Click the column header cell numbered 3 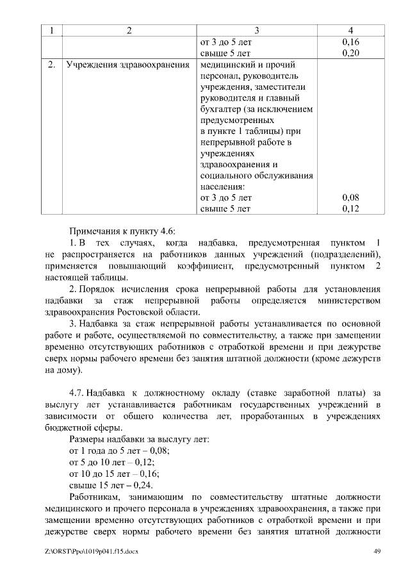pos(256,31)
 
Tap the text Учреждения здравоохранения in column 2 pos(127,65)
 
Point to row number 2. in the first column pos(51,65)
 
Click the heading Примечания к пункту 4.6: pos(122,231)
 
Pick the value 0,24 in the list pos(142,485)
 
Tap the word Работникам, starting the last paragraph pos(94,497)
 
